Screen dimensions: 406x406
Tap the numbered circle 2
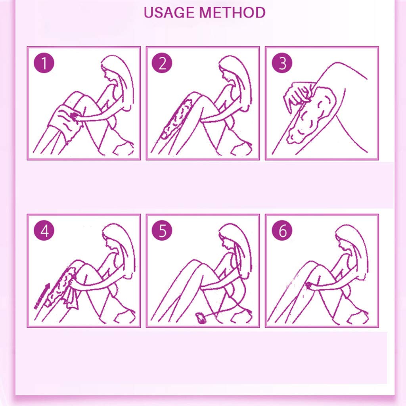[x=163, y=64]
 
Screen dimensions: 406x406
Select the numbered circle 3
[x=282, y=64]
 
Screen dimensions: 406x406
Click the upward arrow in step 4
[x=41, y=295]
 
